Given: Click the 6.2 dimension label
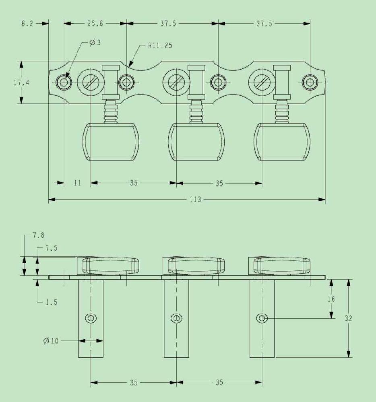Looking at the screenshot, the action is pos(27,24).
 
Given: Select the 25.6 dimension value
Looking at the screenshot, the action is pos(95,24).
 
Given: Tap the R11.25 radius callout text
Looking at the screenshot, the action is pos(160,45).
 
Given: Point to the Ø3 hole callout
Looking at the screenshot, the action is pos(95,42).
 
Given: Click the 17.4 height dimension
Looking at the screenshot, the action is pos(21,82).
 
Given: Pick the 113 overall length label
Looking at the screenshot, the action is pos(195,199).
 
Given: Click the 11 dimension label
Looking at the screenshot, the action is pos(77,183).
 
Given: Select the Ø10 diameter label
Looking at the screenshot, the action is pos(51,341).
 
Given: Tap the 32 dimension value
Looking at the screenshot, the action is pos(348,318).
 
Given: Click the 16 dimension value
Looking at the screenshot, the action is pos(331,299).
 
